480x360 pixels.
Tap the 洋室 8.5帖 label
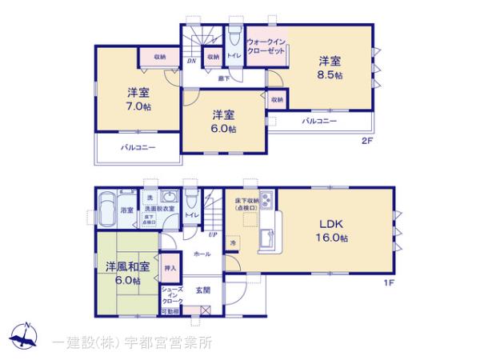coord(330,66)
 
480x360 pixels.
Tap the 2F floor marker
coord(367,141)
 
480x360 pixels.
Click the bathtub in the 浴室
coord(106,210)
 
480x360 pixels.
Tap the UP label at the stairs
coord(212,234)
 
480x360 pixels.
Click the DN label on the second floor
coord(192,61)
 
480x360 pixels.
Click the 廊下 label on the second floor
coord(225,78)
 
